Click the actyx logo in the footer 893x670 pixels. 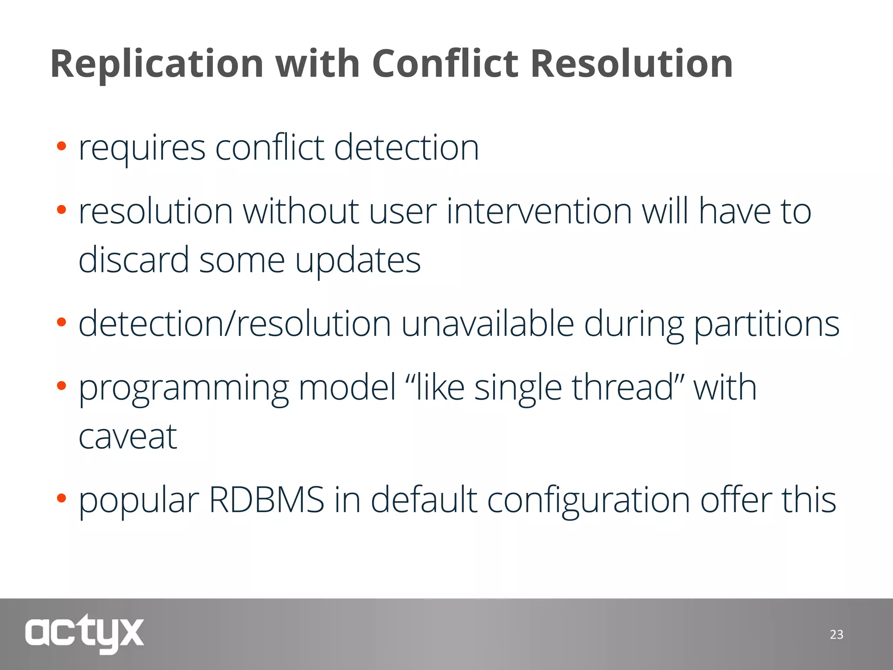(x=84, y=633)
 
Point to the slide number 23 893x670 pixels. (x=836, y=635)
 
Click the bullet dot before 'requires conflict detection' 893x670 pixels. (x=61, y=146)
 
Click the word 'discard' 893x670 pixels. (x=133, y=260)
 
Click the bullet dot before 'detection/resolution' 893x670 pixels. (x=61, y=322)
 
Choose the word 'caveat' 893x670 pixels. (x=128, y=437)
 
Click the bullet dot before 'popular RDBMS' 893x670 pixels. (x=61, y=498)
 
